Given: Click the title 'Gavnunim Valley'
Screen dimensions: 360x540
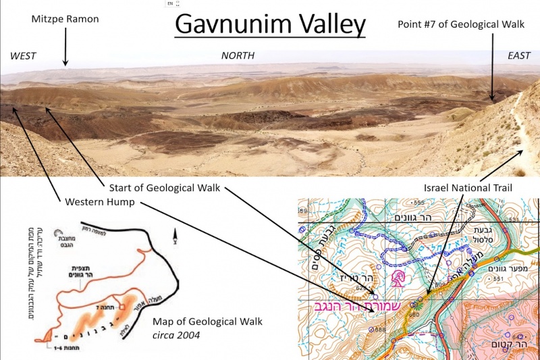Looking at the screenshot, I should tap(270, 25).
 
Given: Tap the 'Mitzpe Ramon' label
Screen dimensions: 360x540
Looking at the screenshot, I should tap(65, 19).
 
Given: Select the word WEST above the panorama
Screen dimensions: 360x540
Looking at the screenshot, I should tap(23, 55).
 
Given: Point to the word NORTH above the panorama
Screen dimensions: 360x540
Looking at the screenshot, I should tap(238, 55).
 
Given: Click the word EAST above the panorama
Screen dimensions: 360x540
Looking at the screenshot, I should tap(519, 55).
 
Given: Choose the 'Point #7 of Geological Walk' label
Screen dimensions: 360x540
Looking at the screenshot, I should tap(462, 24).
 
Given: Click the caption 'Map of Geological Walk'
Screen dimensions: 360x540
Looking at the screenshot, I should tap(207, 321).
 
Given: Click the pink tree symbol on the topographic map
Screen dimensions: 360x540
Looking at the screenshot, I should tap(398, 278).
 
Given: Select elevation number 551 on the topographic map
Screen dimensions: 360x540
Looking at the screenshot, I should tap(499, 279).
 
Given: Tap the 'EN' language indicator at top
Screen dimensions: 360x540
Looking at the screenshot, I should tap(171, 3).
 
